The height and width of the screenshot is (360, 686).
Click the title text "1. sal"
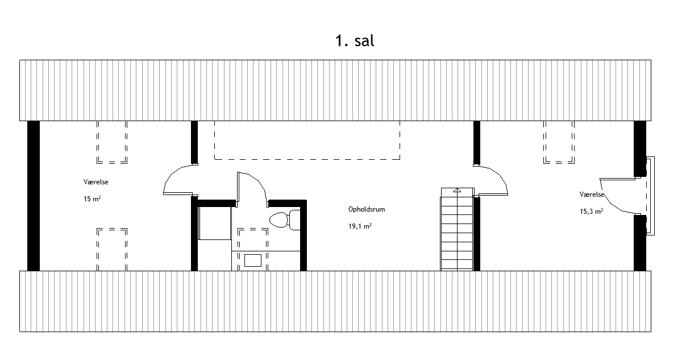[355, 41]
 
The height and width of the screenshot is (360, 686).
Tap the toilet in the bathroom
[285, 220]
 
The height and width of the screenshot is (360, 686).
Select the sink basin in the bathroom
[253, 260]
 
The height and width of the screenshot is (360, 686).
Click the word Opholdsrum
[367, 209]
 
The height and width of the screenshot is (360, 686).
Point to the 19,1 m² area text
[360, 226]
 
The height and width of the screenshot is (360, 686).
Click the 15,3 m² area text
[591, 212]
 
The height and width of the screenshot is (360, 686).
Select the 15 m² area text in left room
[92, 199]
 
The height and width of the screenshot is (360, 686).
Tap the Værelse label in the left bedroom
[96, 182]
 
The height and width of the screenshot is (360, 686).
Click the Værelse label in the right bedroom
[592, 195]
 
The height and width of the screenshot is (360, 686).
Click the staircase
[457, 229]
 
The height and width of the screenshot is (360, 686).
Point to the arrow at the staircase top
[457, 190]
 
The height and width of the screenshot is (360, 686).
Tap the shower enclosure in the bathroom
[214, 223]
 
